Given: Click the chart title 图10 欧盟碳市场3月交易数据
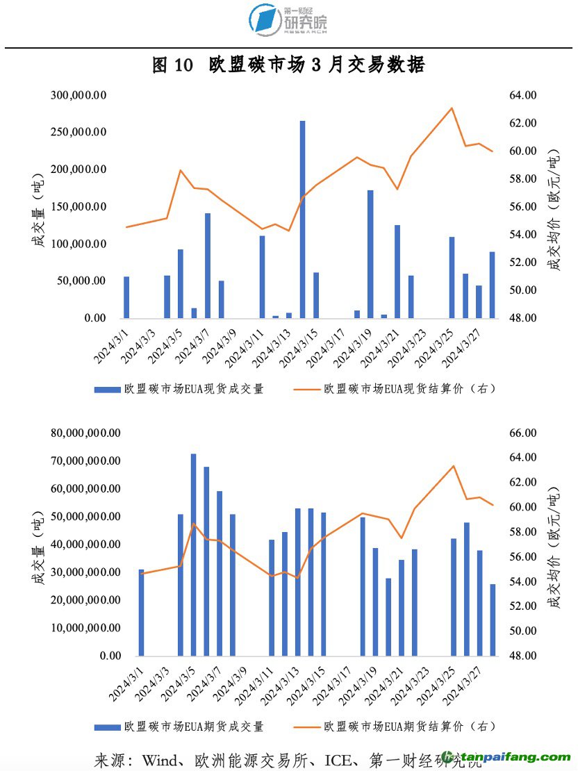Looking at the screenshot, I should click(x=288, y=65).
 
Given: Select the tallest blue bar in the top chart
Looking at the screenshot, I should click(x=303, y=219).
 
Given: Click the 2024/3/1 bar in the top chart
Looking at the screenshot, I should click(x=126, y=297).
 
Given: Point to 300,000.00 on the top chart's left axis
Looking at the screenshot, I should click(x=79, y=95).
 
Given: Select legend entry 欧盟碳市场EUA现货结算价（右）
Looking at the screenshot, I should click(x=410, y=390).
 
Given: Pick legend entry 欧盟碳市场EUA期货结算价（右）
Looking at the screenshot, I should click(x=410, y=727).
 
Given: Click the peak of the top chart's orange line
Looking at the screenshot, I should click(x=452, y=108).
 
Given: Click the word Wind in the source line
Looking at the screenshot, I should click(x=159, y=759).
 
